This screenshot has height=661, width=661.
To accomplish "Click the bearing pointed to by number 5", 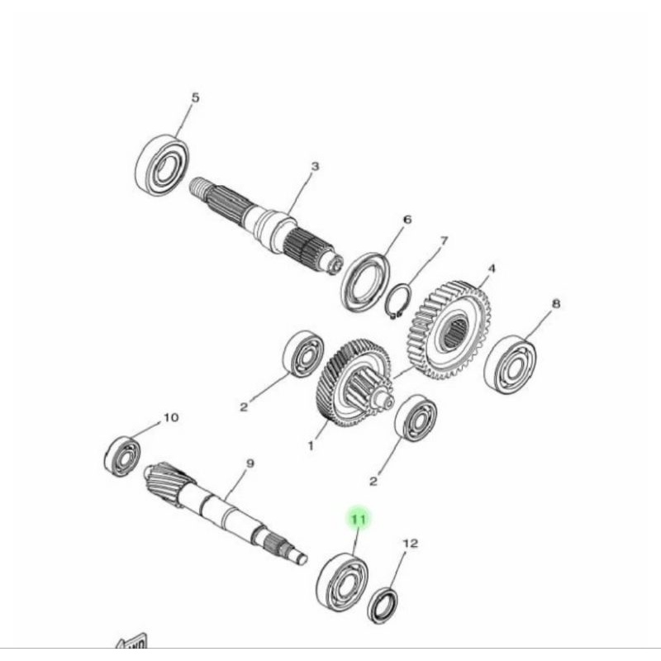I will pos(163,165).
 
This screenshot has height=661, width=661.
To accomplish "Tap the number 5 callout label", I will pos(195,98).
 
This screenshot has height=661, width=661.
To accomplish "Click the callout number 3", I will pos(314,167).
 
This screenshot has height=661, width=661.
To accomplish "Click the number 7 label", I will pos(444,241).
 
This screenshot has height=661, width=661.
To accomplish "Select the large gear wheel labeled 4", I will pos(450,329).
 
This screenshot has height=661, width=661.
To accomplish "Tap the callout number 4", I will pos(492,269).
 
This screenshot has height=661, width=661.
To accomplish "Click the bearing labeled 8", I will pos(510,364).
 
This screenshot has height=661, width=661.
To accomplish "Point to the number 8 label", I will pos(556,304).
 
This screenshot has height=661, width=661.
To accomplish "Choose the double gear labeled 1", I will pos(350,382).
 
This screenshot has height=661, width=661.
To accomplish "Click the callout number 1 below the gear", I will pos(311,446).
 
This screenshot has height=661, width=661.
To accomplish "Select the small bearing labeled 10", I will pos(123,455).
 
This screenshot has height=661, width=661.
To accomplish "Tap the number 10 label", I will pos(170,418).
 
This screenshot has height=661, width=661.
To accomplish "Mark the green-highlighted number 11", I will pos(359,519).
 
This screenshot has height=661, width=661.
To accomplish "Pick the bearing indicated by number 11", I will pos(341,583).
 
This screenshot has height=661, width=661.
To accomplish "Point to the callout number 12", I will pos(410,544).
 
